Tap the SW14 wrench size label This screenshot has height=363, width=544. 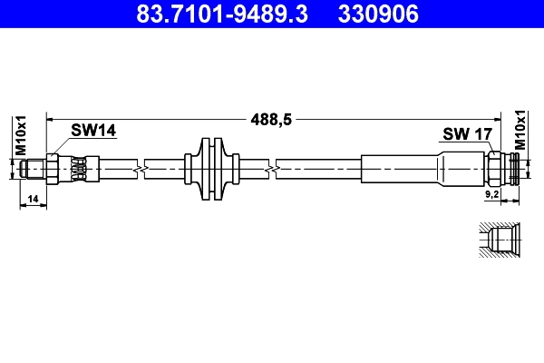click(94, 132)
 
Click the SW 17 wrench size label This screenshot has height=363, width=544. click(467, 134)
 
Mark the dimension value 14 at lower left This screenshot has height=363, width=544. click(33, 198)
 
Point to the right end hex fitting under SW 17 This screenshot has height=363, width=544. click(495, 169)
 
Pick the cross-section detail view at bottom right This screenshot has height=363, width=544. click(498, 241)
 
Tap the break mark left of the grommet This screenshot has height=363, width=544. click(138, 169)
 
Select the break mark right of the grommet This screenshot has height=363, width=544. click(272, 169)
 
